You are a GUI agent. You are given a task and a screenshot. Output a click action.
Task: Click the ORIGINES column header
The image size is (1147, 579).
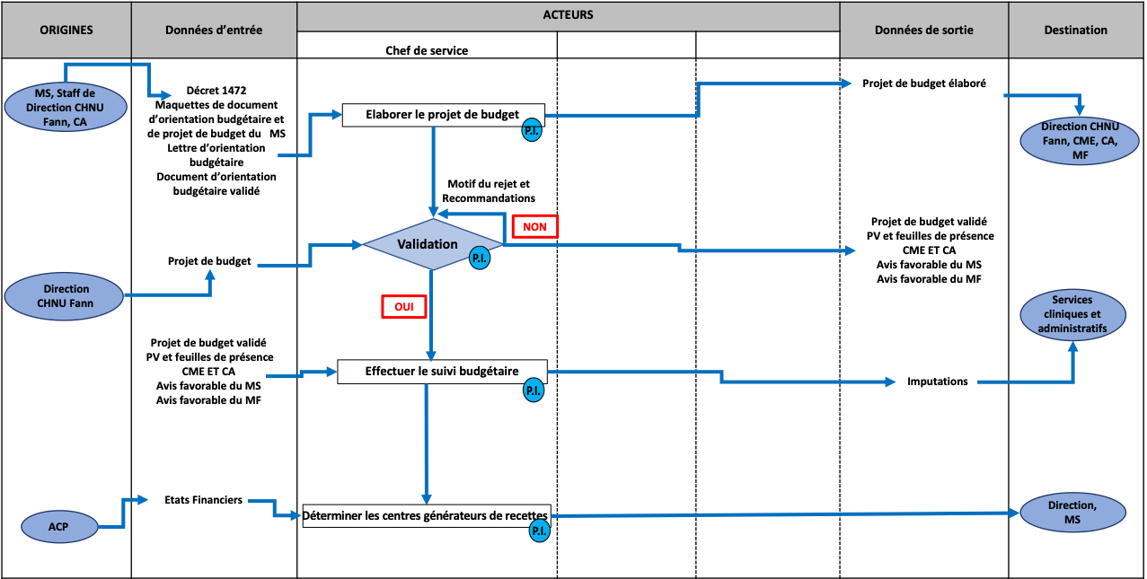(x=66, y=31)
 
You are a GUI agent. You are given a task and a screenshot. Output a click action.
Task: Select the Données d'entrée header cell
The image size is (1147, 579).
(x=214, y=31)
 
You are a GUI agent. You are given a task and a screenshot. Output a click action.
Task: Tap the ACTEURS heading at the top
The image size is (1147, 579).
(x=568, y=15)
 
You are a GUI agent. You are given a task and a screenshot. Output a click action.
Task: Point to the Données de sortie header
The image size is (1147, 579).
(x=923, y=31)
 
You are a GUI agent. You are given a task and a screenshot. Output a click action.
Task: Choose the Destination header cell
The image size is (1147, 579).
(x=1075, y=31)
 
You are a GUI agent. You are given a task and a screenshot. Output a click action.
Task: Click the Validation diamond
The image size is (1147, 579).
(x=429, y=244)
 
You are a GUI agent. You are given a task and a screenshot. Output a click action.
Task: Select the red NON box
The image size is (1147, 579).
(x=535, y=227)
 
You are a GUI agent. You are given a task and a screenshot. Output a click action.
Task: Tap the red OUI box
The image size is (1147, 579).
(x=403, y=307)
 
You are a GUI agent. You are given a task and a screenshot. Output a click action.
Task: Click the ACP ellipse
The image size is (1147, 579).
(x=58, y=527)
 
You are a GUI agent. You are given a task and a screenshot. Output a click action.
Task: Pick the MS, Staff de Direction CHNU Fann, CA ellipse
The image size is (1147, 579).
(x=65, y=107)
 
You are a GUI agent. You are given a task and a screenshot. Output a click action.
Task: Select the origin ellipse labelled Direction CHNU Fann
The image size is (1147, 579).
(x=65, y=295)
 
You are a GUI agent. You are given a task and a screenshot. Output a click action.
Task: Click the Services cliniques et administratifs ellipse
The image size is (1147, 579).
(x=1072, y=315)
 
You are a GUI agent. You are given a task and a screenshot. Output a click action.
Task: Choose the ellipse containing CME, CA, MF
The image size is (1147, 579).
(x=1079, y=141)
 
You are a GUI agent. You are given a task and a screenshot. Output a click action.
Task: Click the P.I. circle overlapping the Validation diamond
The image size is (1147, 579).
(x=480, y=259)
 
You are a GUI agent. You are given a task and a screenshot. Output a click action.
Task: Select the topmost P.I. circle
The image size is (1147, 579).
(x=532, y=131)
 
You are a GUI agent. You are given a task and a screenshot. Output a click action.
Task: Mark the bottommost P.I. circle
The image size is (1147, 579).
(x=539, y=531)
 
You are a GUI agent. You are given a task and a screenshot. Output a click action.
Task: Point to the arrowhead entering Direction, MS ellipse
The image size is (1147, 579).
(x=1015, y=513)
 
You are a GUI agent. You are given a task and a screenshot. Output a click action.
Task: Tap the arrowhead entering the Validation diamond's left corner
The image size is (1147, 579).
(x=357, y=243)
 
